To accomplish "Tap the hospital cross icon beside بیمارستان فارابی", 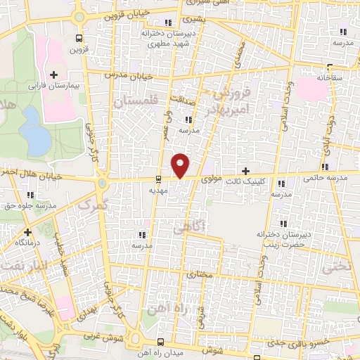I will (x=53, y=75).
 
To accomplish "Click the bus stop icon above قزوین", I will (x=78, y=39).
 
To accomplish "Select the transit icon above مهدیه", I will (x=157, y=178).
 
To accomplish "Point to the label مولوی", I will (x=212, y=180).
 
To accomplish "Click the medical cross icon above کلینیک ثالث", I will (x=245, y=171).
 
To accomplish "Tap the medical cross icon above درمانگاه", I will (x=27, y=232).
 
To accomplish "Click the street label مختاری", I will (x=200, y=274).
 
